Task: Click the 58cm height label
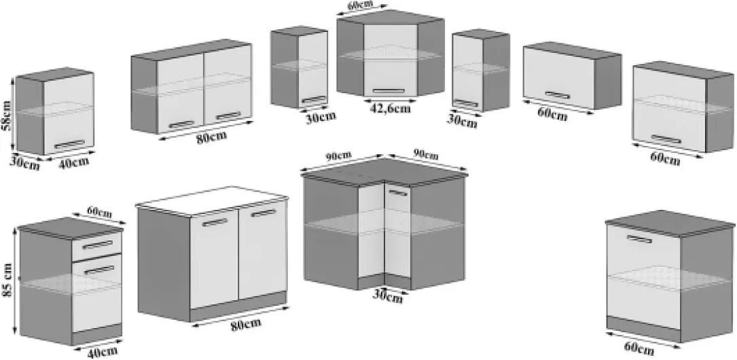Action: pyautogui.click(x=5, y=117)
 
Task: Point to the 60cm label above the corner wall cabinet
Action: pyautogui.click(x=361, y=5)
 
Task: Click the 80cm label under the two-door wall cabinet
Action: pyautogui.click(x=211, y=137)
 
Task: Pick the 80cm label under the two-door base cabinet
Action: pyautogui.click(x=246, y=324)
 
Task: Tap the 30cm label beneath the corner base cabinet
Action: pyautogui.click(x=388, y=296)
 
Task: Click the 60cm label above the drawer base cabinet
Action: pyautogui.click(x=99, y=213)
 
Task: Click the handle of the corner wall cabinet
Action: pyautogui.click(x=389, y=91)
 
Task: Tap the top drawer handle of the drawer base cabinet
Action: pyautogui.click(x=97, y=245)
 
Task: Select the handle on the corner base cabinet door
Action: pyautogui.click(x=398, y=192)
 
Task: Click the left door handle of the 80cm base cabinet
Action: pyautogui.click(x=215, y=222)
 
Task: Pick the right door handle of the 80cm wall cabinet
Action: pyautogui.click(x=228, y=115)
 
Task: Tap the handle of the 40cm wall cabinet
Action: pyautogui.click(x=69, y=144)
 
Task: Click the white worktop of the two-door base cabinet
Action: pyautogui.click(x=211, y=200)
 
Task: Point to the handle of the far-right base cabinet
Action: pyautogui.click(x=640, y=238)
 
